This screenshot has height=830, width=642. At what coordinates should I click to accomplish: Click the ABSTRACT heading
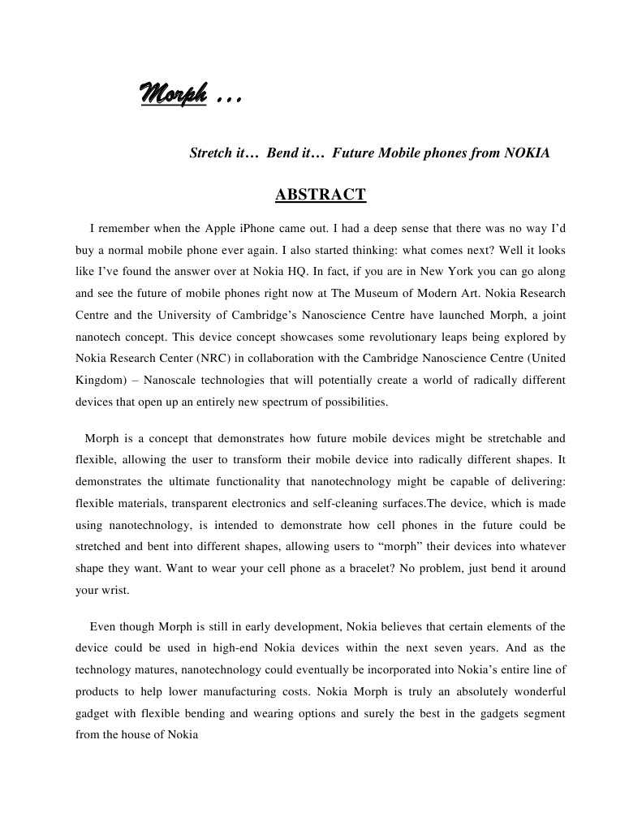pyautogui.click(x=321, y=195)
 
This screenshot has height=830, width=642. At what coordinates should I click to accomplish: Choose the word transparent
pyautogui.click(x=226, y=503)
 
